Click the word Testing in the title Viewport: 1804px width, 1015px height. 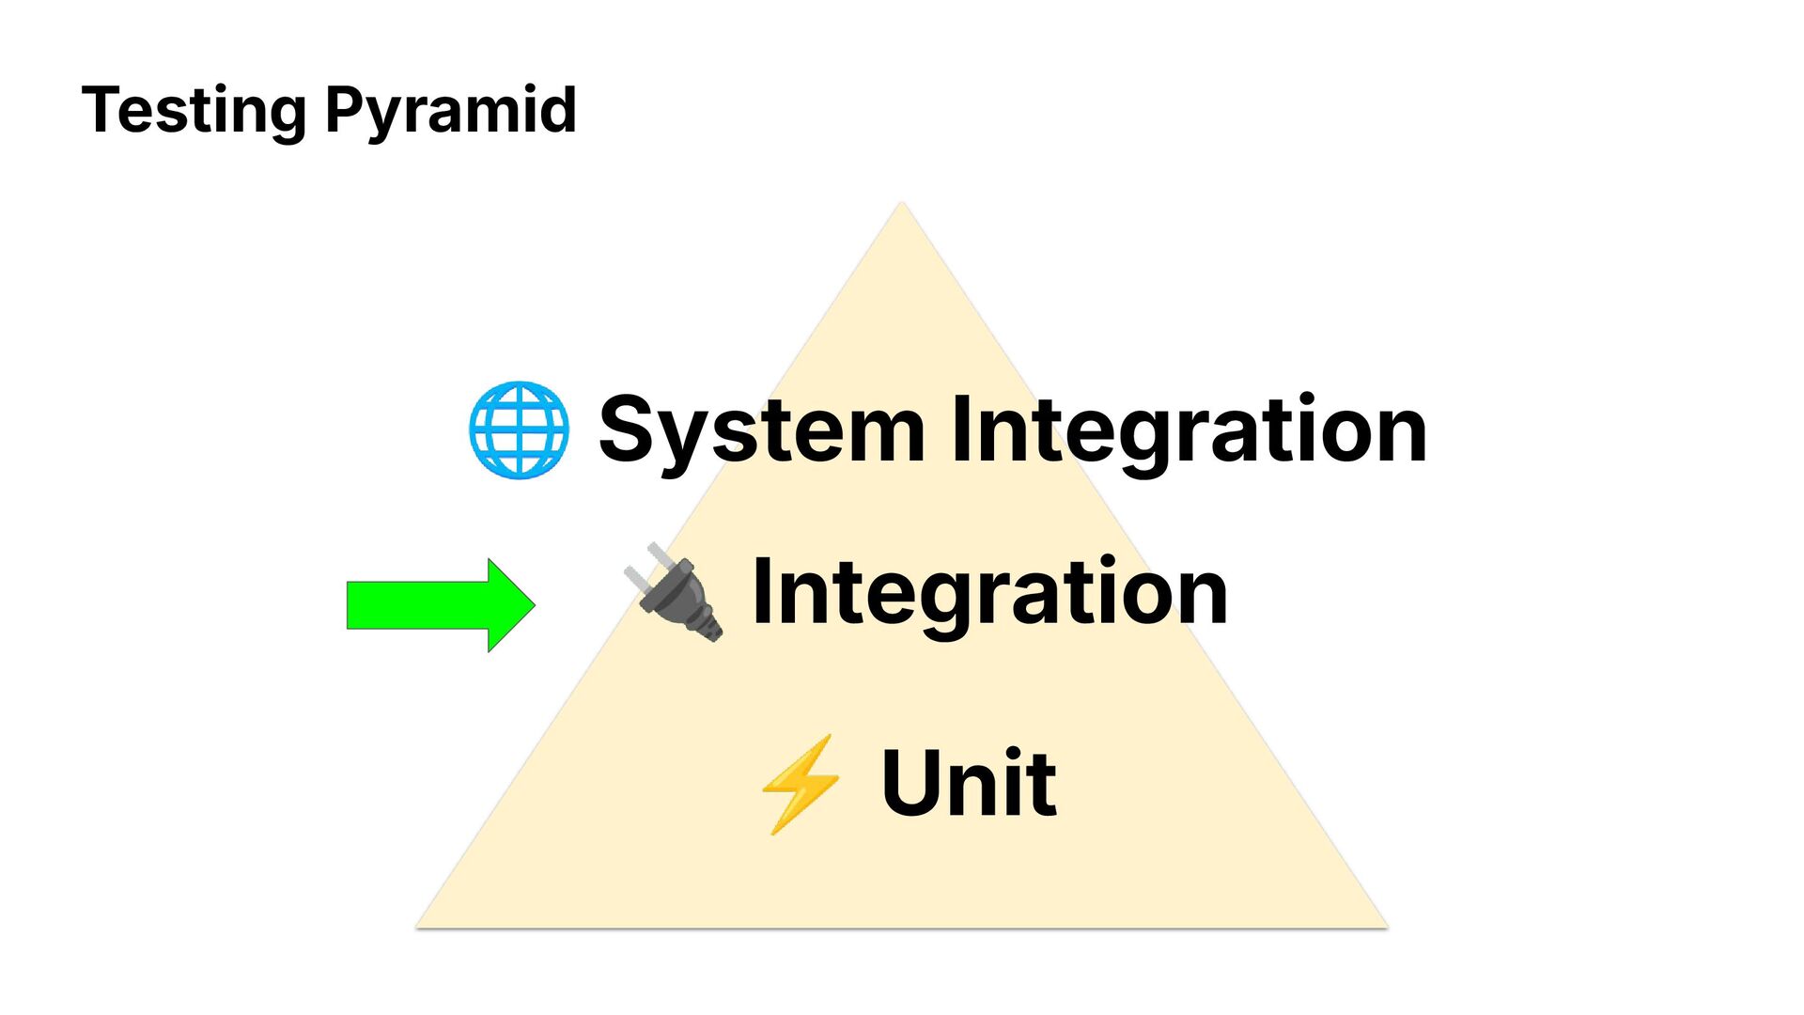point(194,111)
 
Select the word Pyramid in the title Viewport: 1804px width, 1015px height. point(450,111)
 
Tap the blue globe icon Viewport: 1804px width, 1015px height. point(519,429)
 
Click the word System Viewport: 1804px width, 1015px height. point(762,430)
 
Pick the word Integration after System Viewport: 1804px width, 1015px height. point(1189,430)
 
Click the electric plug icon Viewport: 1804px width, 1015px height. point(675,592)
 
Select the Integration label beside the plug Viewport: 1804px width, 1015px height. point(989,592)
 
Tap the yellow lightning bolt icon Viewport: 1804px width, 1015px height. point(800,783)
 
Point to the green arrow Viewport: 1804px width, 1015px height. point(440,605)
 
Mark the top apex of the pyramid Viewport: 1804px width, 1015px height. point(901,204)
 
